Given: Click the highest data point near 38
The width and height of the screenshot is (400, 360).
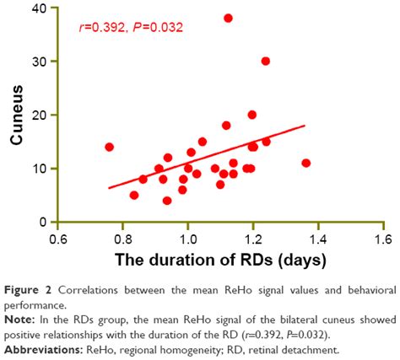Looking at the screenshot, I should click(228, 18).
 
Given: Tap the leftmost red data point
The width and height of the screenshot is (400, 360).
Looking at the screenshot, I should click(109, 147).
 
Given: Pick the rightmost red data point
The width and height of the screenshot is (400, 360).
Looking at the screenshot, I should click(305, 163).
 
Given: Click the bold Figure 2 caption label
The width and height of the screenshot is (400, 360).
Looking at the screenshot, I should click(27, 289).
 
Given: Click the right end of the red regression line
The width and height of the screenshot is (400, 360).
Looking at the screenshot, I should click(304, 126).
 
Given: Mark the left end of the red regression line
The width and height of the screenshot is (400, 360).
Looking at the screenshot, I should click(109, 187).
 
